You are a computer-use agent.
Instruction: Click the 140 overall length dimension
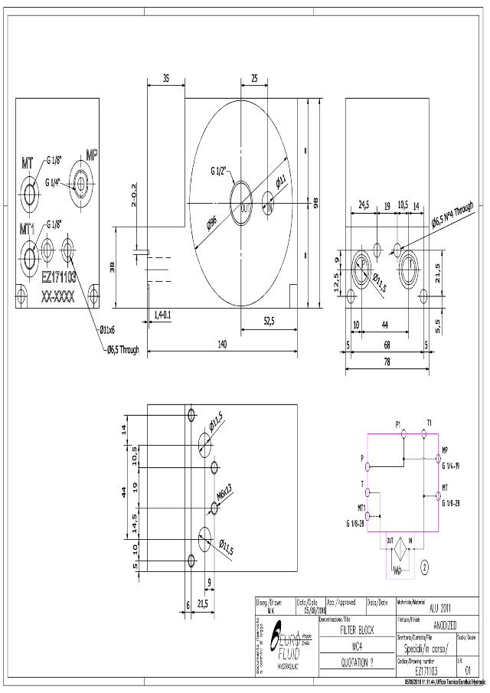coord(222,345)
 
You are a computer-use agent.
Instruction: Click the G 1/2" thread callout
coord(223,172)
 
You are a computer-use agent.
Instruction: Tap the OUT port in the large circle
coord(245,208)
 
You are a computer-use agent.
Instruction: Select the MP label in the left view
coord(92,155)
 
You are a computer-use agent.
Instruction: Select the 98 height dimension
coord(315,201)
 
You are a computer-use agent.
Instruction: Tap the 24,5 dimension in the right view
coord(364,205)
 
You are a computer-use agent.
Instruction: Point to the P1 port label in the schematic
coord(398,423)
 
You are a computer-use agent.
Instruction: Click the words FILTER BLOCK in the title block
coord(351,626)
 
